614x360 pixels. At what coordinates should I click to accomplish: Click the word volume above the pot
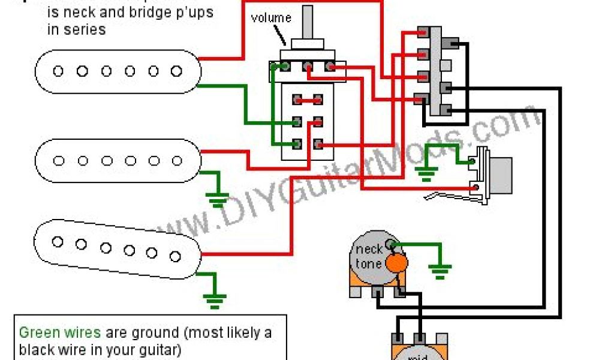(x=271, y=18)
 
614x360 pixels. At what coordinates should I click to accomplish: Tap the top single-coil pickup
(x=118, y=71)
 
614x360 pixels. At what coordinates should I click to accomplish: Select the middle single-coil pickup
(x=118, y=161)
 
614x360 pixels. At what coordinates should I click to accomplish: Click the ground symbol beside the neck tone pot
(x=441, y=271)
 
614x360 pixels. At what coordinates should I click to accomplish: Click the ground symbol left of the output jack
(x=427, y=175)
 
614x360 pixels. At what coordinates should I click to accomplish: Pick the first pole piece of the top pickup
(x=58, y=71)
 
